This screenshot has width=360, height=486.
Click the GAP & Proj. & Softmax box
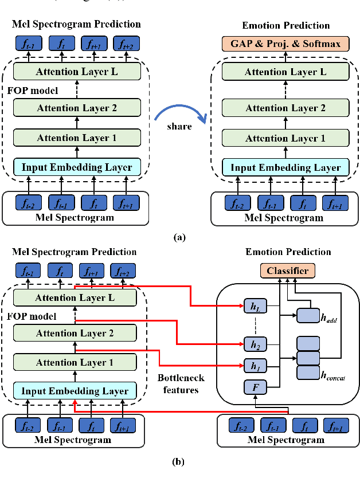pyautogui.click(x=285, y=44)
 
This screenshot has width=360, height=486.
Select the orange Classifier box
pyautogui.click(x=288, y=271)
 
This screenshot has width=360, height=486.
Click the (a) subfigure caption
pyautogui.click(x=180, y=236)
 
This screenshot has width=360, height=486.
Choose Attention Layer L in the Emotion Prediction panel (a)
pyautogui.click(x=285, y=72)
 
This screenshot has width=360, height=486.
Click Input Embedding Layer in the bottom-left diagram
pyautogui.click(x=75, y=391)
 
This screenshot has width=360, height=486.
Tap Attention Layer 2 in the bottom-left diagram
pyautogui.click(x=75, y=333)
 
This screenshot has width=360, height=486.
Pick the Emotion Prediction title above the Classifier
pyautogui.click(x=288, y=252)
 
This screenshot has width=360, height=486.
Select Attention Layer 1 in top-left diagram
pyautogui.click(x=77, y=138)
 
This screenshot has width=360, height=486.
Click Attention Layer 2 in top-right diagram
pyautogui.click(x=285, y=108)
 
